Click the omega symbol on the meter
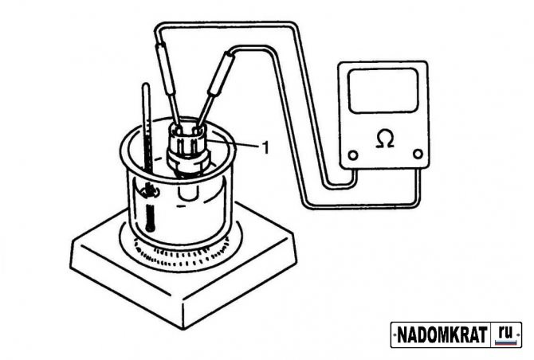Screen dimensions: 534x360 [x=385, y=139]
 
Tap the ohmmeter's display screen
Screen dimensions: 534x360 [x=383, y=91]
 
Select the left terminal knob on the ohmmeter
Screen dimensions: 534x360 [x=353, y=155]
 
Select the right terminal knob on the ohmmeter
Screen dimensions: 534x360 [x=418, y=154]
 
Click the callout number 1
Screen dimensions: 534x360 [x=265, y=147]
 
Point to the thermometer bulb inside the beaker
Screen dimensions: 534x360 [x=150, y=218]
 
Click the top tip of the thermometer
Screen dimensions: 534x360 [x=147, y=84]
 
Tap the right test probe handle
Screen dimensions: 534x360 [x=221, y=73]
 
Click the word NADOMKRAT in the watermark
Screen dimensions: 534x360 [x=442, y=335]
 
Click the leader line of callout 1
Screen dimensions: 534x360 [x=235, y=144]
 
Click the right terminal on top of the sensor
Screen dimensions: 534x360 [x=197, y=129]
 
